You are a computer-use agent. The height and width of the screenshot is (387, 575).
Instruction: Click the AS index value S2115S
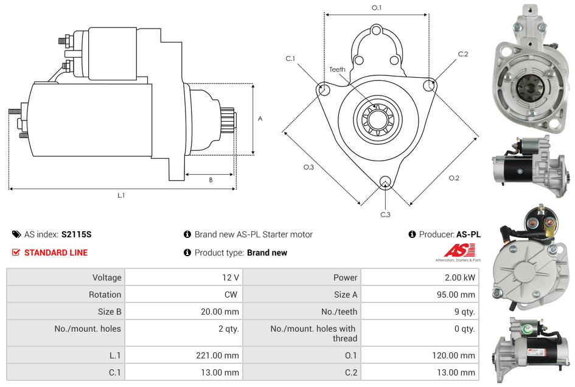77,234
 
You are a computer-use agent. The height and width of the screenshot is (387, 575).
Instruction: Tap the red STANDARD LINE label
56,253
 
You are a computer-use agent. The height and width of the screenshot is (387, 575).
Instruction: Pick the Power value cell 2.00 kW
461,277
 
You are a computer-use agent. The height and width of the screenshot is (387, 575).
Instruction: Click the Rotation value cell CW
232,295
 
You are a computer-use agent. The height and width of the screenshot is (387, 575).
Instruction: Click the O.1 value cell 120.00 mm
455,355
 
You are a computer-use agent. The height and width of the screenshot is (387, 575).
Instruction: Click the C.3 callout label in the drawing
385,214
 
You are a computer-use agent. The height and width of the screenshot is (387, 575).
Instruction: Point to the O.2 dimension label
454,178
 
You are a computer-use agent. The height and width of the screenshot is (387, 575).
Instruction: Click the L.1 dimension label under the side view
121,195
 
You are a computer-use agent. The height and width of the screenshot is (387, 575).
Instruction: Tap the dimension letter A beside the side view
260,119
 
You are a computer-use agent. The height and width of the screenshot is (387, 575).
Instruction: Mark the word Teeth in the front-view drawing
337,69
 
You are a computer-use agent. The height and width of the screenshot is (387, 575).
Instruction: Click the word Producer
436,234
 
